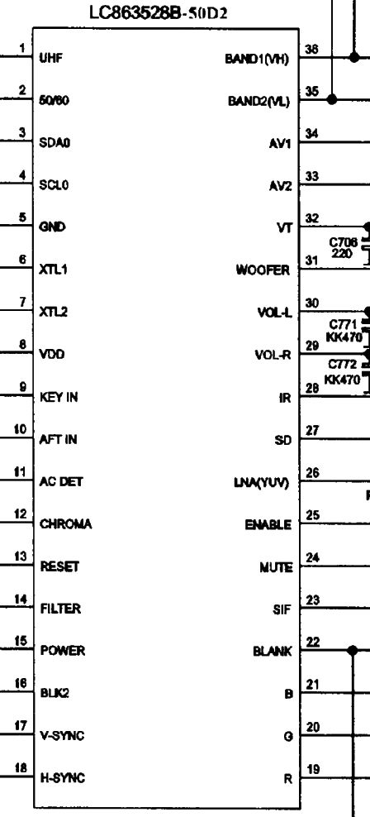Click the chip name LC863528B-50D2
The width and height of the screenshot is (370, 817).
click(159, 12)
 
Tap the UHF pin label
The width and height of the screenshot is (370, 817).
click(50, 59)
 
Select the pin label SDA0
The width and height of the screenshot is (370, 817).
click(55, 143)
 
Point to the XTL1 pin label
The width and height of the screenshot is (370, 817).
click(53, 270)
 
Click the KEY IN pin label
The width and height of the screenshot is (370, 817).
click(59, 397)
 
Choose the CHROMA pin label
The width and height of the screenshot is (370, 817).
click(65, 524)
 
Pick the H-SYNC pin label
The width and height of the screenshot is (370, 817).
click(63, 778)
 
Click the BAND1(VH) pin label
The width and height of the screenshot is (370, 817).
click(257, 59)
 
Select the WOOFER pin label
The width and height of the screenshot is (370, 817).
click(263, 270)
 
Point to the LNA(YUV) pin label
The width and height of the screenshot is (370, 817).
click(261, 482)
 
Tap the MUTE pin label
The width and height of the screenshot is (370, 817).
click(276, 567)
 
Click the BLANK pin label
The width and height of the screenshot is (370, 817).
click(273, 652)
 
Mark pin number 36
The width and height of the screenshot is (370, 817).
click(311, 49)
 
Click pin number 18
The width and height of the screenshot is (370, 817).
click(21, 768)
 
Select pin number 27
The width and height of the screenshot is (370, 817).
click(312, 430)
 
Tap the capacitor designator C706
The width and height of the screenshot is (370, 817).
click(343, 242)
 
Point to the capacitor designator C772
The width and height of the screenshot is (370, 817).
click(343, 364)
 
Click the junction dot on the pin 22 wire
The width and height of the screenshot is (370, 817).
click(353, 650)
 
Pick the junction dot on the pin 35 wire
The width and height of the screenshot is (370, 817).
click(333, 99)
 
